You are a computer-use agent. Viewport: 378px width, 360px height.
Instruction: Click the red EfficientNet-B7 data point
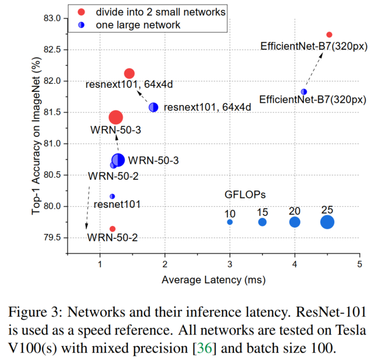[329, 35]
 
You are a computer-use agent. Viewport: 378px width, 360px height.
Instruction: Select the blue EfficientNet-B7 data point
[304, 92]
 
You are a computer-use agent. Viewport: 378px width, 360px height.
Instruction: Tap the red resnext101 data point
[129, 73]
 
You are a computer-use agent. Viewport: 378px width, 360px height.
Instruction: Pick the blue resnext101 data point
[154, 107]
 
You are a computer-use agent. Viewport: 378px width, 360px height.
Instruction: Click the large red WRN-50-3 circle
[116, 117]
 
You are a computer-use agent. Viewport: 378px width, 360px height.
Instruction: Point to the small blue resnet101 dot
[112, 196]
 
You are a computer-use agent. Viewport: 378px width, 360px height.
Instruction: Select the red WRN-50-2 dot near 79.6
[112, 229]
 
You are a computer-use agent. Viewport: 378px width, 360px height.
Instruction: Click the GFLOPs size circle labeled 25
[327, 222]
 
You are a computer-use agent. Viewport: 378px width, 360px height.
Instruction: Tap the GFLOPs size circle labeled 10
[230, 222]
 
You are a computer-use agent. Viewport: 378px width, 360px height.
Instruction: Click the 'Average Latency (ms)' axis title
[214, 280]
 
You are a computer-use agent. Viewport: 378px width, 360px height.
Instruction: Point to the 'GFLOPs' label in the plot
[245, 194]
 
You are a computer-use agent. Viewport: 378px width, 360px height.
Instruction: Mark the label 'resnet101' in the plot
[116, 204]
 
